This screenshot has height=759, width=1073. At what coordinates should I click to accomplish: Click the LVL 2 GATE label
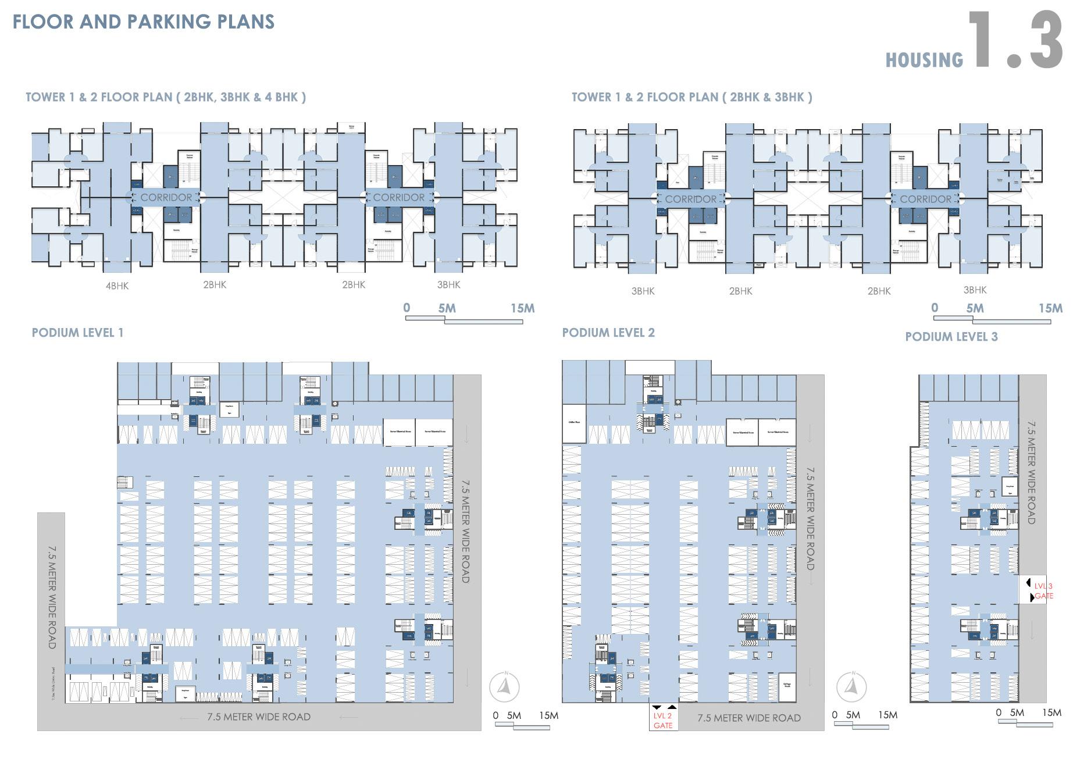pyautogui.click(x=662, y=721)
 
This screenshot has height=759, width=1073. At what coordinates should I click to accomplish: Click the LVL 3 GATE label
pyautogui.click(x=1043, y=591)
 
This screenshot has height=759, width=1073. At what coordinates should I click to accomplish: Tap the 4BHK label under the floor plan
pyautogui.click(x=117, y=286)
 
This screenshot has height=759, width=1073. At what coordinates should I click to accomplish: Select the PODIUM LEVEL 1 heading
pyautogui.click(x=77, y=333)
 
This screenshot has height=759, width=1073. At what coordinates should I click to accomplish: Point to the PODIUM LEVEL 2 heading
pyautogui.click(x=608, y=333)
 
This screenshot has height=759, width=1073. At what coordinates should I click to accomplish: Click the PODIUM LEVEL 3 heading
pyautogui.click(x=951, y=337)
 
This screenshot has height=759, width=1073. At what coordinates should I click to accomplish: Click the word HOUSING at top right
pyautogui.click(x=924, y=60)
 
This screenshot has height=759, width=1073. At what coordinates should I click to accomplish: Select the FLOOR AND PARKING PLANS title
pyautogui.click(x=143, y=22)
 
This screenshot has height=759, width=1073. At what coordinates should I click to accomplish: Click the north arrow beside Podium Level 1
pyautogui.click(x=504, y=687)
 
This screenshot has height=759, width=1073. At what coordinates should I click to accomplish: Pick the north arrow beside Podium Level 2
pyautogui.click(x=851, y=687)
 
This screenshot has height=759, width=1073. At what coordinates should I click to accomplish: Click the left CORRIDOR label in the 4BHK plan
pyautogui.click(x=166, y=198)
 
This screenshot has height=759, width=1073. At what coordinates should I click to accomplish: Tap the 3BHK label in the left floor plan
pyautogui.click(x=448, y=284)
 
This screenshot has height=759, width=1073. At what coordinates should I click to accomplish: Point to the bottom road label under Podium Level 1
pyautogui.click(x=259, y=717)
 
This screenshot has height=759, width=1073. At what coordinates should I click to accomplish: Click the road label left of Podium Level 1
pyautogui.click(x=52, y=597)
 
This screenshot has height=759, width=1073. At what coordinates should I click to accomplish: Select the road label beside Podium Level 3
pyautogui.click(x=1031, y=472)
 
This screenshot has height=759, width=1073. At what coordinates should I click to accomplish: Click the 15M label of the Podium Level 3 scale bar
pyautogui.click(x=1051, y=712)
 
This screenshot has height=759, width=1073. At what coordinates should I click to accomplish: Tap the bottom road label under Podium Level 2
pyautogui.click(x=748, y=718)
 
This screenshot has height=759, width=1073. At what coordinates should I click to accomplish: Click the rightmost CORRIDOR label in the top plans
pyautogui.click(x=925, y=199)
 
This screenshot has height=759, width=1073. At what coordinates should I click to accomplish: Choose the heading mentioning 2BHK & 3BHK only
pyautogui.click(x=691, y=97)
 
